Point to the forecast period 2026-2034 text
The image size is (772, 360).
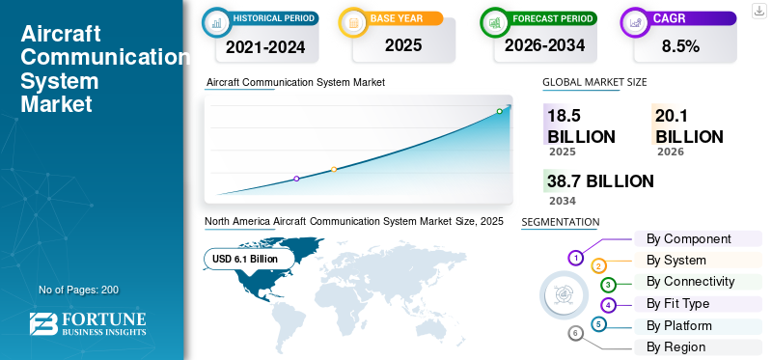542,45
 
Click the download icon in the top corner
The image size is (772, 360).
758,10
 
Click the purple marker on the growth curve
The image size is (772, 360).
296,179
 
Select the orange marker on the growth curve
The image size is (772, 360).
334,170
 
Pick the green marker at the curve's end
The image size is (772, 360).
499,111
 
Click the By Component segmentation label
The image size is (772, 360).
688,238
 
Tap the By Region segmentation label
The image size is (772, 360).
675,346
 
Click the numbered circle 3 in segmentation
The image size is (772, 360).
608,285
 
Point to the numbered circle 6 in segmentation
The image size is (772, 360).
576,334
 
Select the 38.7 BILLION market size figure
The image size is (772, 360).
600,181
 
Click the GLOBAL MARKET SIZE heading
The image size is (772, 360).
594,83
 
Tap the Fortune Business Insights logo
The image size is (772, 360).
89,324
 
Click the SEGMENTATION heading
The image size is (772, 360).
560,222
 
